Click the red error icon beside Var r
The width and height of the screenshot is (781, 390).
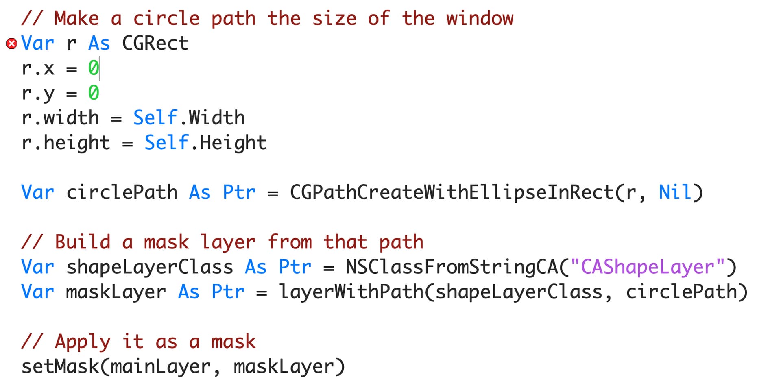(x=12, y=44)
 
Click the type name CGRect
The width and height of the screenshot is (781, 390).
(x=155, y=44)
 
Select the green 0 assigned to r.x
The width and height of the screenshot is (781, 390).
(x=93, y=68)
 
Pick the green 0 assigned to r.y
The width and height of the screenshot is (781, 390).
(x=93, y=93)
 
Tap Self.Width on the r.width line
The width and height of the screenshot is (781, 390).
(x=189, y=118)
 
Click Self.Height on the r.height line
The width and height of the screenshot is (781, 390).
(x=205, y=143)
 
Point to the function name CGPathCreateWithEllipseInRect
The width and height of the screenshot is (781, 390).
(x=451, y=192)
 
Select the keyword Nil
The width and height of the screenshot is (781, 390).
(x=674, y=192)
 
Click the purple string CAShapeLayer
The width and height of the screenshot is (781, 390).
(x=648, y=267)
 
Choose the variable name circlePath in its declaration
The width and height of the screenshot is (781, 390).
(x=122, y=192)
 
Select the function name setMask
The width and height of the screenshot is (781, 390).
(x=60, y=366)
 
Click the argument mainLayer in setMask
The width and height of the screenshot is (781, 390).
(x=160, y=366)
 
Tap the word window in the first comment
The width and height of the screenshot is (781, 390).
(x=480, y=19)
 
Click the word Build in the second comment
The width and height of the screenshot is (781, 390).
(x=83, y=242)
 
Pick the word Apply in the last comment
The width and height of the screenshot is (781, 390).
(x=83, y=342)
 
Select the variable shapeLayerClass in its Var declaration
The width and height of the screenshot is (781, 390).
(x=150, y=267)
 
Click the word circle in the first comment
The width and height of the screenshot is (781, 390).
(x=166, y=19)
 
